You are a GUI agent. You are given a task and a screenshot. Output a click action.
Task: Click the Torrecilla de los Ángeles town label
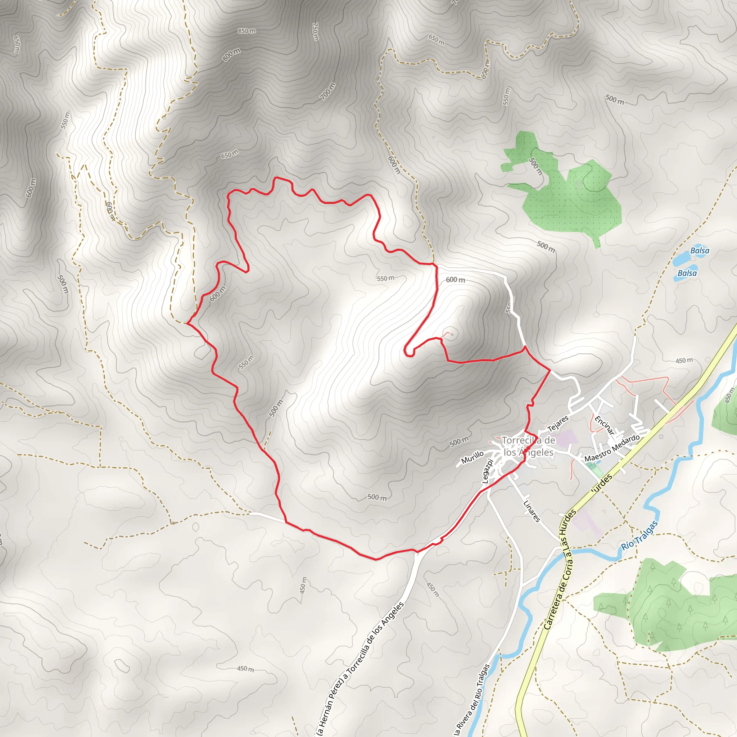click(x=528, y=446)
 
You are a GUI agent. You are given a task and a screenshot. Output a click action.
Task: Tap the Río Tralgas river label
click(x=640, y=535)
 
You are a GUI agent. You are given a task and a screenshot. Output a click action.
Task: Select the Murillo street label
click(x=472, y=457)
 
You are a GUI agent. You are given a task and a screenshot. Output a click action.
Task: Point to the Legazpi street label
click(x=488, y=471)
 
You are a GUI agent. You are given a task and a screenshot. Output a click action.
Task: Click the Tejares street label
click(x=558, y=424)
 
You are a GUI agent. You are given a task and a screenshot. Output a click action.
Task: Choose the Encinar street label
click(x=605, y=425)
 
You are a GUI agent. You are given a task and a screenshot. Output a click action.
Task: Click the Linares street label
click(x=532, y=511)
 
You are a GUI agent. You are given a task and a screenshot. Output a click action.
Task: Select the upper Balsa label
click(x=700, y=250)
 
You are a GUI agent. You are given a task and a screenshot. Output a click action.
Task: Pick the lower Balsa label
click(x=687, y=273)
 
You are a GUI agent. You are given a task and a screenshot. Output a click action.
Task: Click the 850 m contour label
click(x=247, y=31)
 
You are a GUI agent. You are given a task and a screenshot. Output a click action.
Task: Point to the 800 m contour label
click(x=231, y=55)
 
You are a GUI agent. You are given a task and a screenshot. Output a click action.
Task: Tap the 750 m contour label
click(x=316, y=32)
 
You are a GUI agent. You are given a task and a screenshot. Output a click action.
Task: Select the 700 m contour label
click(x=328, y=91)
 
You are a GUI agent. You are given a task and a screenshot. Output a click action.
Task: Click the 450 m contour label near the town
click(x=684, y=361)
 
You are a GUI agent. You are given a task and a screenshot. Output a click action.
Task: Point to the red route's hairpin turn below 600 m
click(x=408, y=353)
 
